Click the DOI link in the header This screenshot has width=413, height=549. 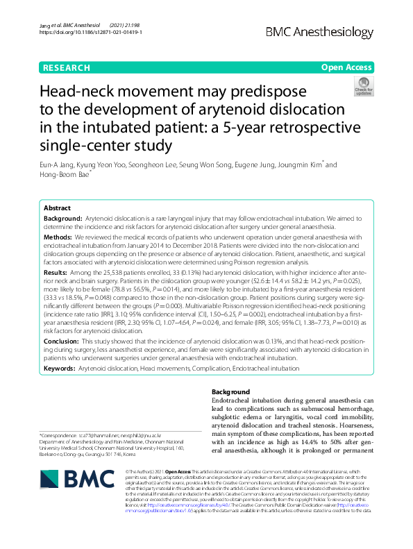point(91,32)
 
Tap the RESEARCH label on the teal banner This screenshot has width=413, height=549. point(67,67)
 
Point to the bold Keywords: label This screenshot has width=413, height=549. point(60,369)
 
